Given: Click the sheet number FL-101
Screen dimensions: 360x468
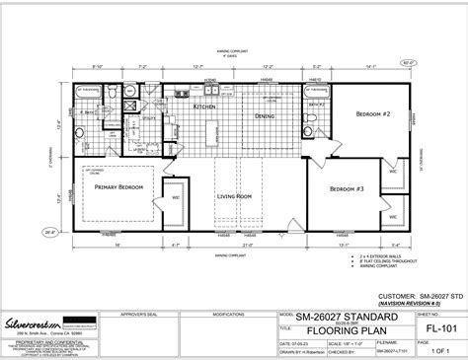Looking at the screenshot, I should pos(428,320).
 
